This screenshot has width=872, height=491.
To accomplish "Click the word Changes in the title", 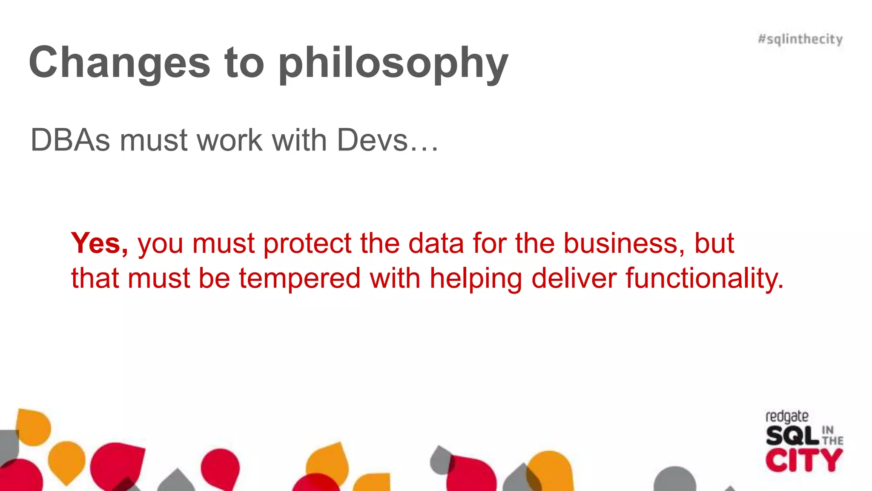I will click(x=120, y=63).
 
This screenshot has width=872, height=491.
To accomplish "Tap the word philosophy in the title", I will click(x=393, y=64).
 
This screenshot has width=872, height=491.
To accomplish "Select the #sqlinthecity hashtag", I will click(x=800, y=39).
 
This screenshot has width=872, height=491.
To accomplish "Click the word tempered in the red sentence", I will click(x=300, y=279).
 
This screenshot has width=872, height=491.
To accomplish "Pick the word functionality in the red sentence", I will click(x=704, y=279).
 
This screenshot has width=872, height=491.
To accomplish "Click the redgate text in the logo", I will click(x=787, y=416).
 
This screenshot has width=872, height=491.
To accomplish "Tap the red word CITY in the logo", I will click(x=803, y=461).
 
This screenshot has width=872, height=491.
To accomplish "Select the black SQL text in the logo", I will click(x=792, y=436).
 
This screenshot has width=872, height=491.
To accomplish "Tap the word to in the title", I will click(x=244, y=63).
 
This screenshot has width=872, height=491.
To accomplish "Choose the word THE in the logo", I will click(x=833, y=441).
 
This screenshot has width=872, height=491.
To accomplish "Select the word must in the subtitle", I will click(x=154, y=141).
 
